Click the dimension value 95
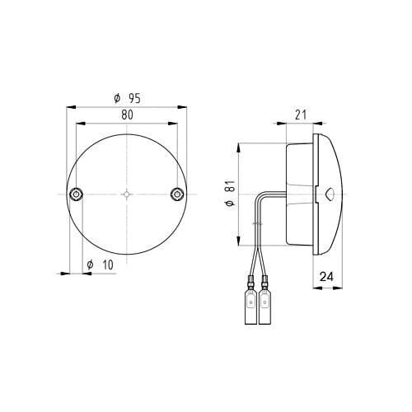point(133,98)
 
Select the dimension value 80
point(127,115)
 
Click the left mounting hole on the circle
point(76,194)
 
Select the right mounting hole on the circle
point(176,194)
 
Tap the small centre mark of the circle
point(126,194)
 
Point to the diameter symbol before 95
point(117,98)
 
